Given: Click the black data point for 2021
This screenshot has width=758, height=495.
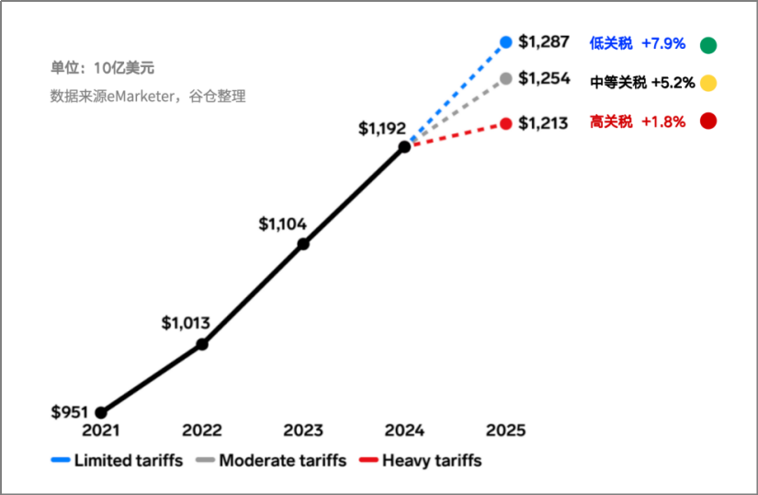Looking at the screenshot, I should (x=101, y=413).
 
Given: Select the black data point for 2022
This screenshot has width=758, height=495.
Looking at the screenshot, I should (x=202, y=344).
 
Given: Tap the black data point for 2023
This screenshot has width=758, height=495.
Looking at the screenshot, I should (x=303, y=244).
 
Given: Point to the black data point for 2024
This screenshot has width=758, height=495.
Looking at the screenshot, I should (x=404, y=147).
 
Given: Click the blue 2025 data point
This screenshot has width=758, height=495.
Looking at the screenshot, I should (x=506, y=41).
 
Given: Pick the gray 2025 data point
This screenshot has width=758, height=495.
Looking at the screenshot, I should (x=506, y=78).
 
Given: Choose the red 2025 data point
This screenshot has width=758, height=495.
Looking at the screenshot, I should (x=506, y=123).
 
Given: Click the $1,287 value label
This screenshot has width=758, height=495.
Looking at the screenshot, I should (x=544, y=41).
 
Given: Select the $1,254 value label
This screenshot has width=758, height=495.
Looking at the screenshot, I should (x=544, y=78).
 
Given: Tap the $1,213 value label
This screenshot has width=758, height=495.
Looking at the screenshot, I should (x=544, y=122).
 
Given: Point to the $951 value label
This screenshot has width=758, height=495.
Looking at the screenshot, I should (x=71, y=410).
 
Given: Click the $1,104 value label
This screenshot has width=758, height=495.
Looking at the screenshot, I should (x=282, y=223).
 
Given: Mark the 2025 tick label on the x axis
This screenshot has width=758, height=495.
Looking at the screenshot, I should (x=505, y=430).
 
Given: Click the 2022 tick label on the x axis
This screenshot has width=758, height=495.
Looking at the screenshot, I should (x=202, y=430).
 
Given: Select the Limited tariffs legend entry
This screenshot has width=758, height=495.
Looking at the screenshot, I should (x=118, y=460).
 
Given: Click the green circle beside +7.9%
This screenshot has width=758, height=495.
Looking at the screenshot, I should (x=708, y=45).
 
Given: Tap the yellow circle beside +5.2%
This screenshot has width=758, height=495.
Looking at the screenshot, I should (x=708, y=83).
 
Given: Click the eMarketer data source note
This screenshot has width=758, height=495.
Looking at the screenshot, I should (x=148, y=96).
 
